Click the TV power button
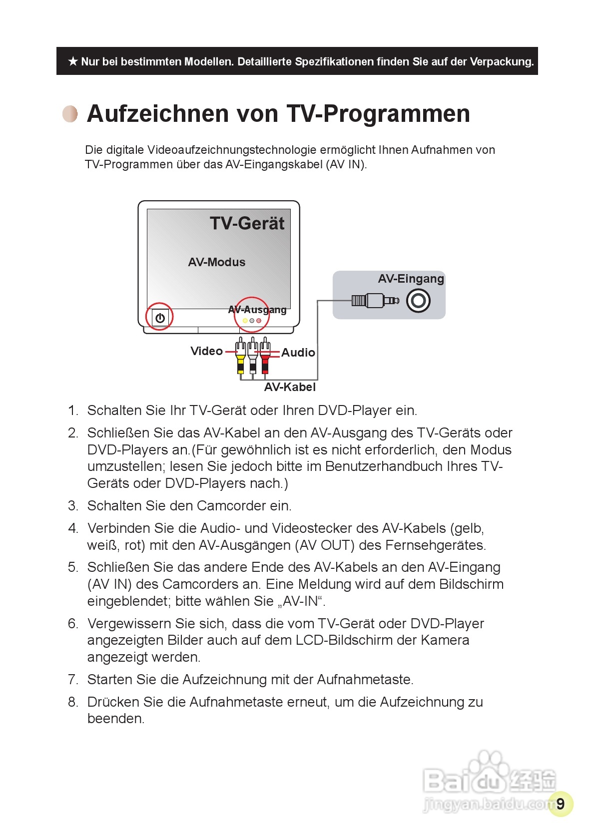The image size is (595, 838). (x=160, y=318)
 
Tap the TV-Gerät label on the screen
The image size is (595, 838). (x=247, y=223)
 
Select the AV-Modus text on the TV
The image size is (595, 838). (x=217, y=262)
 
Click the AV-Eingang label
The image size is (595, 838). (x=411, y=279)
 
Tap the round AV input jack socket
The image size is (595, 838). (x=418, y=301)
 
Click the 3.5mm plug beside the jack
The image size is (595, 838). (x=375, y=301)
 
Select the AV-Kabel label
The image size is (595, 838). (x=290, y=387)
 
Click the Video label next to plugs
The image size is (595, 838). (x=206, y=351)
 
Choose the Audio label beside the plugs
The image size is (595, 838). (x=298, y=353)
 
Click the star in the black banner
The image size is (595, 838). (x=73, y=61)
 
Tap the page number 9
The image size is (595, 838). (x=561, y=804)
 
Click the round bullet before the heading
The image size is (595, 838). (x=70, y=114)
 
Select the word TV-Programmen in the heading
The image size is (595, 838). (x=378, y=114)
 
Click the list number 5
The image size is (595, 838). (x=73, y=567)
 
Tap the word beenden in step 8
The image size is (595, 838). (x=115, y=719)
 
